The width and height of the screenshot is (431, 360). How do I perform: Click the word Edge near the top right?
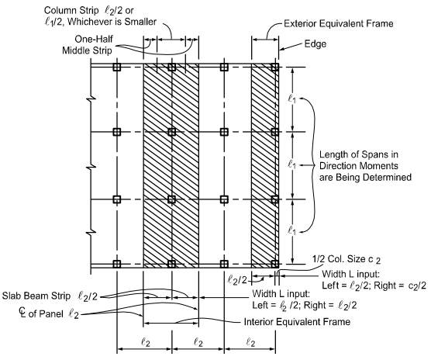(315, 44)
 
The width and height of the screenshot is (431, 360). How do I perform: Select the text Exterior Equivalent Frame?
(339, 23)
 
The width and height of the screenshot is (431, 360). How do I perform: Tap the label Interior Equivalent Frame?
(297, 322)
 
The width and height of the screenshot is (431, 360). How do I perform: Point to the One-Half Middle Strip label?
(88, 44)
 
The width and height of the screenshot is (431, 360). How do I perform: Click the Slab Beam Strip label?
(50, 296)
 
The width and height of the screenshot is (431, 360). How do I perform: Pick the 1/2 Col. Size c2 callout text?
(347, 259)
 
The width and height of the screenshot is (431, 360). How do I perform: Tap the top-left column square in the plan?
(117, 67)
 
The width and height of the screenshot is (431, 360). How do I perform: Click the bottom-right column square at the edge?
(274, 264)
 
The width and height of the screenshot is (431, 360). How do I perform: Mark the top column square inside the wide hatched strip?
(171, 67)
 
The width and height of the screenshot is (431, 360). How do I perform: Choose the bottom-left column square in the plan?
(117, 264)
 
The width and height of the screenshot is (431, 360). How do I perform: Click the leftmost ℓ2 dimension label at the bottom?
(146, 343)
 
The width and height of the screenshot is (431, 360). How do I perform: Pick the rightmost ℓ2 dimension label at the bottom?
(250, 343)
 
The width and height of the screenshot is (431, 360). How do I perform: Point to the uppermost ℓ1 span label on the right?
(292, 99)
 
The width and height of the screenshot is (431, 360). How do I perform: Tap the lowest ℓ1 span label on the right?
(292, 230)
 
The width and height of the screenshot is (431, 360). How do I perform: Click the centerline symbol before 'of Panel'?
(22, 312)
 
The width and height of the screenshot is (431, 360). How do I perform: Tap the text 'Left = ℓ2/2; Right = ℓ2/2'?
(305, 306)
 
